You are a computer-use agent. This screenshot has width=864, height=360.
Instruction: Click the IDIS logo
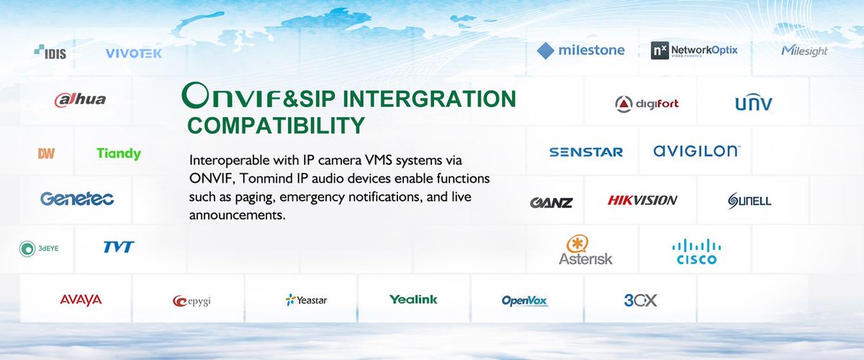coord(50,53)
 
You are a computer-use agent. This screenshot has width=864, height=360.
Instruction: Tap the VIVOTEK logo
coord(134,53)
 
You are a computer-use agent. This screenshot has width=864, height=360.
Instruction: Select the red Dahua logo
coord(80,99)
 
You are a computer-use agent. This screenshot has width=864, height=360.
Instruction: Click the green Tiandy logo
coord(119,153)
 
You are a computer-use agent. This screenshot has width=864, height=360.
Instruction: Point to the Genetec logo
coord(77,199)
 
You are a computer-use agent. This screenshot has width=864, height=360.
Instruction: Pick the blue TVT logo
coord(118,247)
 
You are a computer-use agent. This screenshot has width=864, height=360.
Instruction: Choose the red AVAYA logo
coord(81,300)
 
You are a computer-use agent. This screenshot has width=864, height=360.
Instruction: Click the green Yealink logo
coord(413,300)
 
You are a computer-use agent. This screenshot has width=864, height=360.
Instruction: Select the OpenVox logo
coord(525,300)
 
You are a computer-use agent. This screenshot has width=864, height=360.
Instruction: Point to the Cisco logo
coord(696,251)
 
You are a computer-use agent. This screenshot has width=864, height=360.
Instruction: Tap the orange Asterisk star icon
coord(577,243)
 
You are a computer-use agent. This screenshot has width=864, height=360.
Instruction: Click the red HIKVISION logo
coord(642,201)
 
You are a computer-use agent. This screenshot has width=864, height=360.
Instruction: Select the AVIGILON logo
coord(696,151)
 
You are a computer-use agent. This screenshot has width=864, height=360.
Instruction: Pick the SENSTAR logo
coord(586,152)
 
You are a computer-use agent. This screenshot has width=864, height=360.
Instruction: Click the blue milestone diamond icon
coord(547,50)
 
